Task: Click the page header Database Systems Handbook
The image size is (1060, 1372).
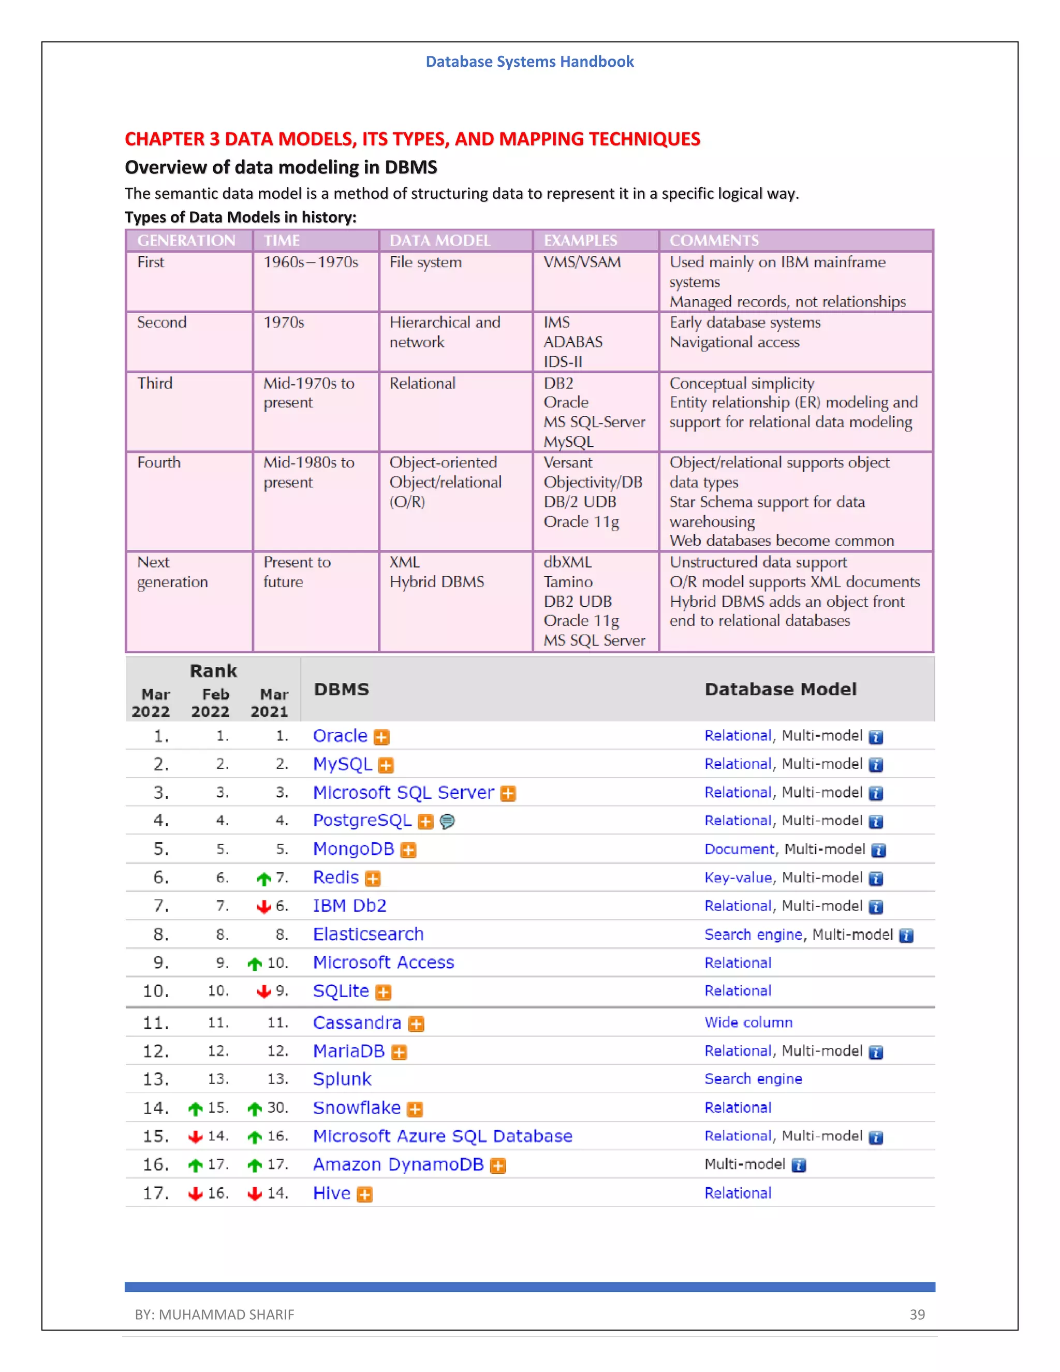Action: point(529,62)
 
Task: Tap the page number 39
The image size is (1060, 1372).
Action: point(917,1314)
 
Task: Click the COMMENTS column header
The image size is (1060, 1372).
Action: point(713,241)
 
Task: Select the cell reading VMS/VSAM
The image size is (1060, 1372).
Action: point(581,262)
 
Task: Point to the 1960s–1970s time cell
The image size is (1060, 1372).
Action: point(310,262)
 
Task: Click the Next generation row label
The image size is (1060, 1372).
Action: point(171,572)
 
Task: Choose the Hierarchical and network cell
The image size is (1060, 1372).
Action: point(444,332)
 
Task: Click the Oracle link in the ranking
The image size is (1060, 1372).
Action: point(340,736)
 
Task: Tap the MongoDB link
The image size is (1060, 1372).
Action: point(354,849)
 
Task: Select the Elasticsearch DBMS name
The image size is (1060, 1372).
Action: point(368,934)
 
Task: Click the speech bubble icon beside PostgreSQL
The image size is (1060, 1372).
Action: point(447,821)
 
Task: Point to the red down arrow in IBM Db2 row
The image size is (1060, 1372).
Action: point(264,907)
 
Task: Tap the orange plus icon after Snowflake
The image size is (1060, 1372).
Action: point(415,1110)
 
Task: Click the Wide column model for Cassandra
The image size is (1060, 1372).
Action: point(748,1022)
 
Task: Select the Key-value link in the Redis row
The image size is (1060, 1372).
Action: point(737,878)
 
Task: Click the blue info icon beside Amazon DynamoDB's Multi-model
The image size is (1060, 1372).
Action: point(798,1165)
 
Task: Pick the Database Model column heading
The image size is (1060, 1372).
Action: point(780,689)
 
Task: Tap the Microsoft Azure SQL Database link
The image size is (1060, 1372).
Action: point(442,1136)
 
